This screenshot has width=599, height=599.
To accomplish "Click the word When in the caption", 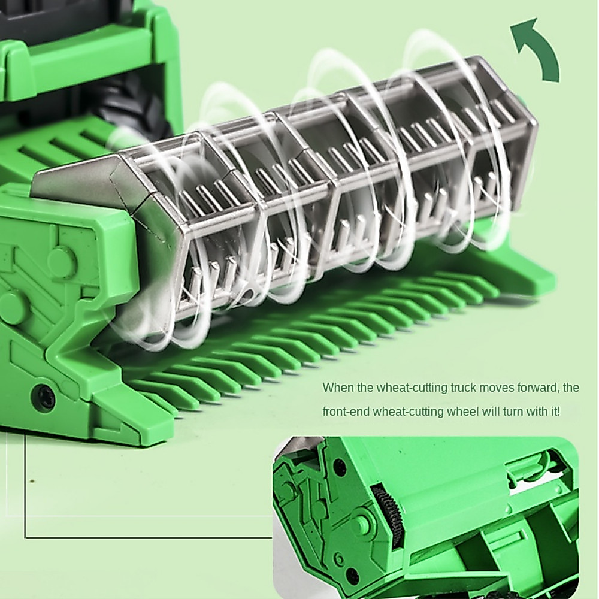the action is [x=338, y=388].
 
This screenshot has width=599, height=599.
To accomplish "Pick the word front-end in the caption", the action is [x=346, y=412].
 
